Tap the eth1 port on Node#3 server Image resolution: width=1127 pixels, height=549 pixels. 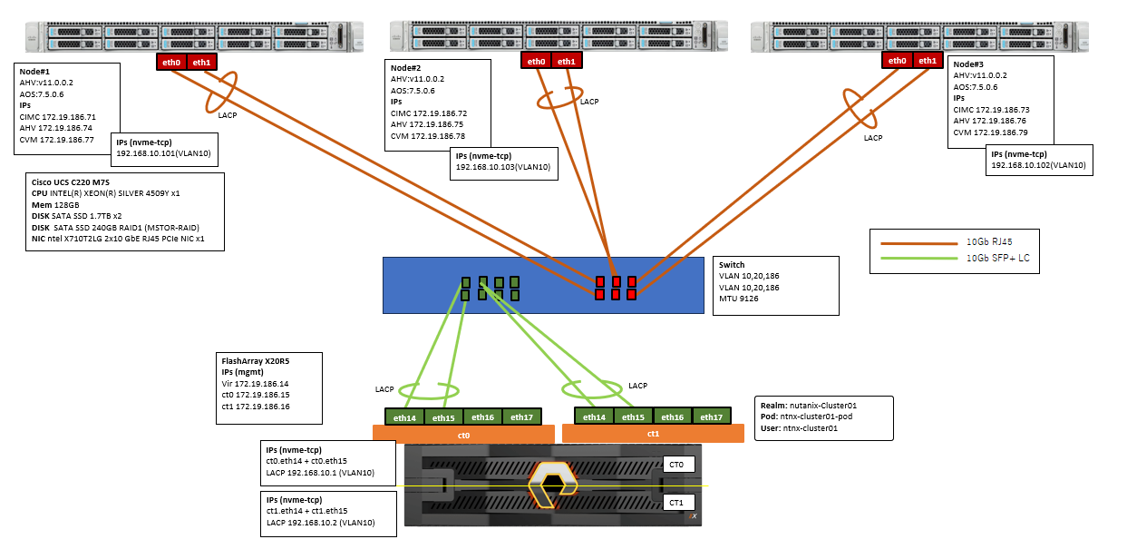(926, 61)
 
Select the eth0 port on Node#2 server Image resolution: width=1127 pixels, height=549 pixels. (536, 61)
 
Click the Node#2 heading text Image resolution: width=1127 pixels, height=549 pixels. (407, 68)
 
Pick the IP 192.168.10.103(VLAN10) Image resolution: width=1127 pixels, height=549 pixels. (503, 167)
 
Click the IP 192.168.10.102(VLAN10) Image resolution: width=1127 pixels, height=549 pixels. (1039, 165)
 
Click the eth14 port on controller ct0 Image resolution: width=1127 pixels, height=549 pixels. (404, 417)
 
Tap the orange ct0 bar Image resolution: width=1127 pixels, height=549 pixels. (462, 435)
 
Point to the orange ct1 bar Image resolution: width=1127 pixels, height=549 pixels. (654, 434)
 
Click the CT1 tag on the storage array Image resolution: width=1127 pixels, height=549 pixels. (678, 502)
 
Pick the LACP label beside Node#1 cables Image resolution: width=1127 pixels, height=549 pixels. (229, 114)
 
